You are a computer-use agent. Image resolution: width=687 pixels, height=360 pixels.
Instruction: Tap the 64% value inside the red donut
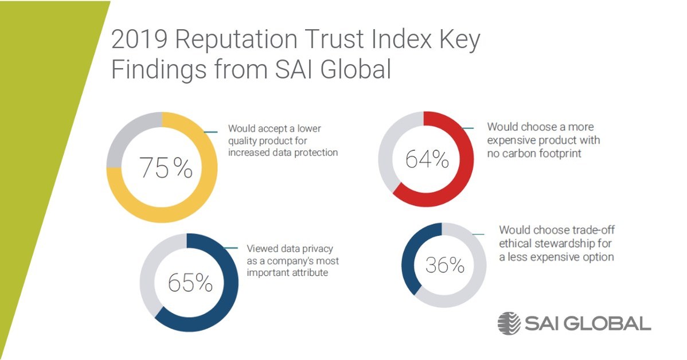tap(427, 159)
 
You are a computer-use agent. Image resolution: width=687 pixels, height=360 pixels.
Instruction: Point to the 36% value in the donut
tap(444, 265)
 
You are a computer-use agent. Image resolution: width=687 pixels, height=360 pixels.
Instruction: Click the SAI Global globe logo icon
tap(509, 323)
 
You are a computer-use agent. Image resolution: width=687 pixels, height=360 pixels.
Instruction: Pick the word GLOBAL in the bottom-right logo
tap(607, 323)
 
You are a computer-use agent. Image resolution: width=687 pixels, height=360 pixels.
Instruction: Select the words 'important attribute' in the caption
tap(287, 273)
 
